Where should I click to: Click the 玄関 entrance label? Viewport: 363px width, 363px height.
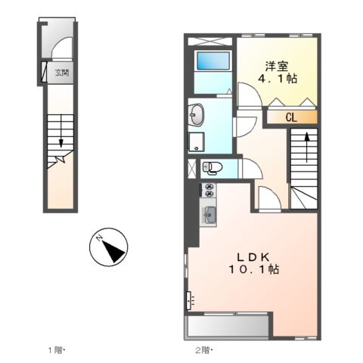click(62, 73)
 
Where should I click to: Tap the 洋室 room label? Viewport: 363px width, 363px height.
click(277, 66)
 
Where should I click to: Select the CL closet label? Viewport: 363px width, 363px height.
click(291, 117)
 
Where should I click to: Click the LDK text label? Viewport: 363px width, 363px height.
click(253, 257)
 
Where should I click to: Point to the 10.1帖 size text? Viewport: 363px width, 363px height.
click(253, 269)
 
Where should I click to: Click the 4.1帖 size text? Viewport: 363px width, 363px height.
click(278, 79)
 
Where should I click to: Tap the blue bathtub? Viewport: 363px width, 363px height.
click(213, 60)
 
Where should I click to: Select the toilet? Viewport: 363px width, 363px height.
click(213, 167)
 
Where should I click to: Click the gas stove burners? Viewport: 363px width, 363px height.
click(209, 190)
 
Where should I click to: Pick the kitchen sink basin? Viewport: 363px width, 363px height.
click(209, 215)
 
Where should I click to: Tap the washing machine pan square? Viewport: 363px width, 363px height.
click(197, 142)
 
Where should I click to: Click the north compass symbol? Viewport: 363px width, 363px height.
click(109, 247)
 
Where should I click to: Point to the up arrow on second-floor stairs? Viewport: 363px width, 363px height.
click(307, 147)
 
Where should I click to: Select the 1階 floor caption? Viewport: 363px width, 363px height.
click(56, 350)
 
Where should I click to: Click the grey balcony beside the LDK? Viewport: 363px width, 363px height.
click(228, 326)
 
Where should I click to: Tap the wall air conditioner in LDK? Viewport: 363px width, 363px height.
click(188, 300)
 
